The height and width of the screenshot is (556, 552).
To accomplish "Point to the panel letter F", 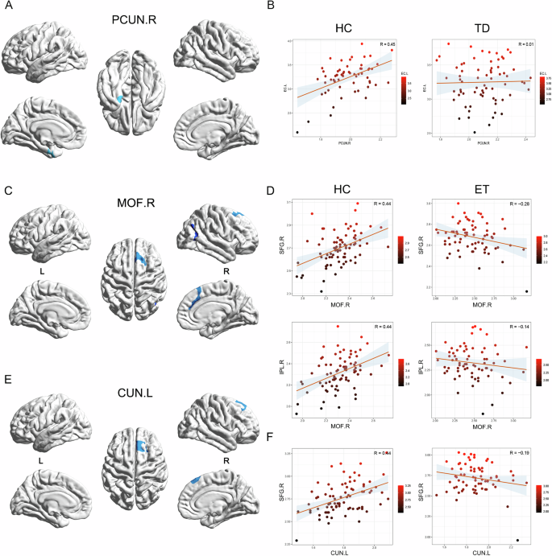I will pos(278,439).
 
